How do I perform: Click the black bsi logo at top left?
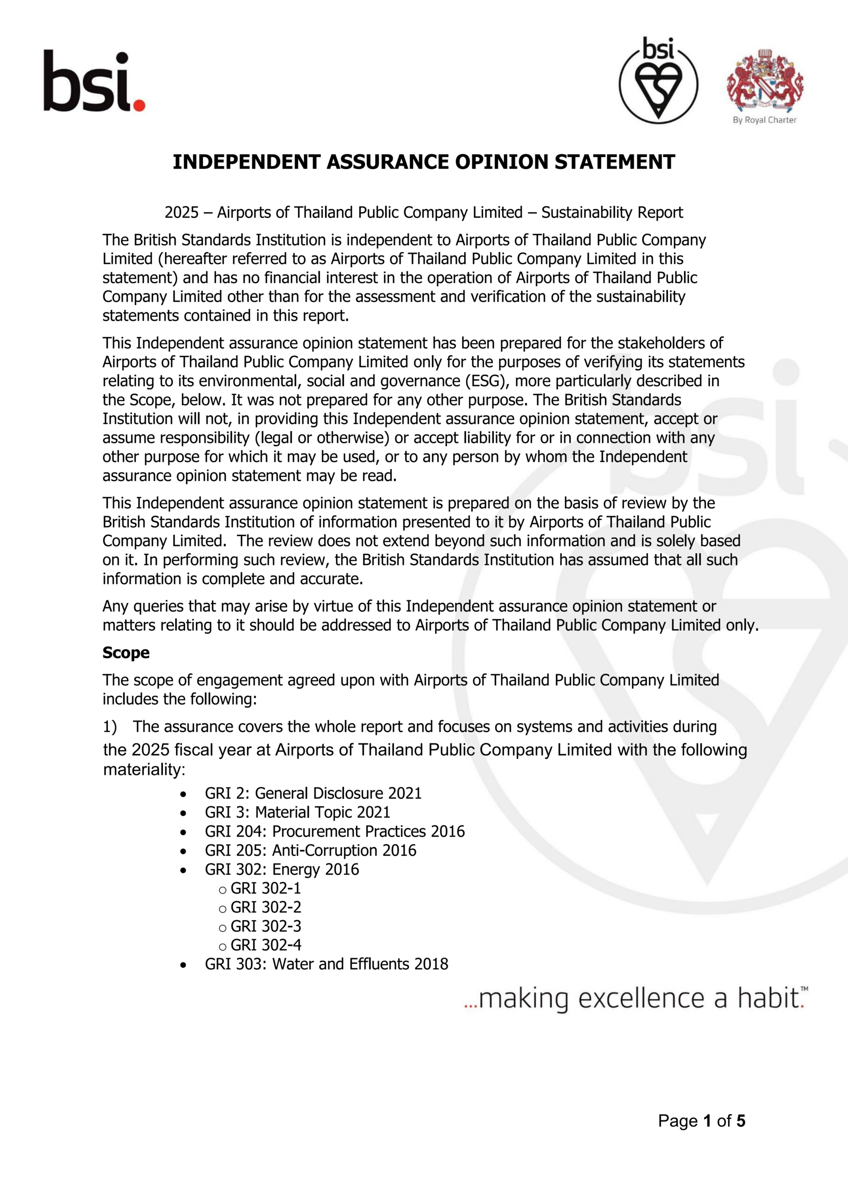pos(86,81)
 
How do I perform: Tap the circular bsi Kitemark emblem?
pos(658,81)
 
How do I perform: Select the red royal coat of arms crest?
pos(765,81)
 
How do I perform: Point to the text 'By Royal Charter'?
pos(765,120)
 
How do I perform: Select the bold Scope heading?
pos(126,653)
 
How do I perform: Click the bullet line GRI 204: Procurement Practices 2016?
pos(335,832)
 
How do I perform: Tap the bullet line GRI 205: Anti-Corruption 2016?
pos(310,850)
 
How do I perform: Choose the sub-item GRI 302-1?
pos(266,888)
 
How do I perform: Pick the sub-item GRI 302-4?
pos(266,945)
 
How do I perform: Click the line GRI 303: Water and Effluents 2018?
pos(326,964)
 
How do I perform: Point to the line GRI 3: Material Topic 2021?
pos(298,812)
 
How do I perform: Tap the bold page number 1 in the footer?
pos(707,1121)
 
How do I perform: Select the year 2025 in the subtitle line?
pos(181,213)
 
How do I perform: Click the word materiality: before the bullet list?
pos(144,769)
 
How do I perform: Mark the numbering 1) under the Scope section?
pos(110,727)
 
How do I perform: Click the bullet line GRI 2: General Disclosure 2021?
pos(313,794)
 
